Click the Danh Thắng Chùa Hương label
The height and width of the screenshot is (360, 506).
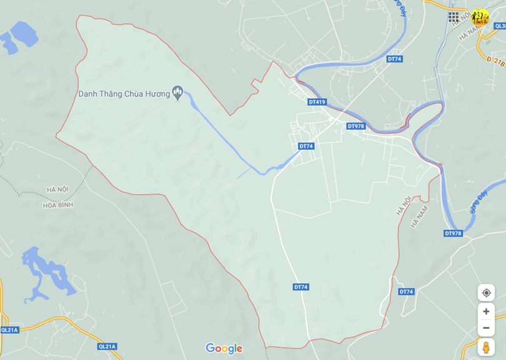[x=124, y=94]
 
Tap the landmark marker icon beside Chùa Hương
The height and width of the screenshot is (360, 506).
[x=177, y=94]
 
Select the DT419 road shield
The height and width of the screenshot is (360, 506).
[x=317, y=102]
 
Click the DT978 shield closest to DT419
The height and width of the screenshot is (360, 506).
[x=355, y=126]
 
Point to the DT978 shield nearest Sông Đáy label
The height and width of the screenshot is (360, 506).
[x=453, y=233]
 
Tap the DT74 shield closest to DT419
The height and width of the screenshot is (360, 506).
[x=305, y=146]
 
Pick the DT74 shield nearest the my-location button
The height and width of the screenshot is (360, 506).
[x=406, y=292]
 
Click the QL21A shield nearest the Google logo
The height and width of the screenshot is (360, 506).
[x=107, y=346]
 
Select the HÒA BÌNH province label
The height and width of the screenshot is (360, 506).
[x=59, y=205]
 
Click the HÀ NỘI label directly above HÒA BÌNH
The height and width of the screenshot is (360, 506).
[x=57, y=189]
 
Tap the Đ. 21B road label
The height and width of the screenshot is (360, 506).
[x=495, y=61]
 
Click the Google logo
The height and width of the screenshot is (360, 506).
[x=224, y=349]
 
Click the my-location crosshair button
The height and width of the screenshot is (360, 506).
[x=486, y=292]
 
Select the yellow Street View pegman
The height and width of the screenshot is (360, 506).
[x=486, y=347]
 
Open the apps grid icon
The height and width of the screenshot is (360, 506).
[x=454, y=17]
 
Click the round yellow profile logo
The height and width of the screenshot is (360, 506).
[x=480, y=17]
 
